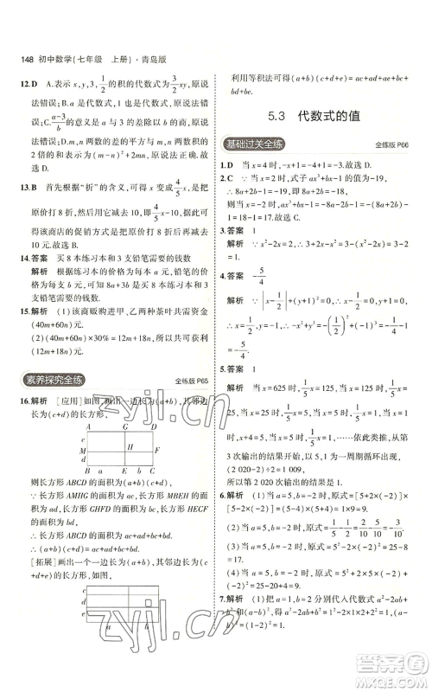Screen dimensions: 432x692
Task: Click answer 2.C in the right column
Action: click(228, 176)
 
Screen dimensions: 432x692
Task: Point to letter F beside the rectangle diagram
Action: click(156, 451)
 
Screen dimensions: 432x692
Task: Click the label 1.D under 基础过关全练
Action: click(228, 163)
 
